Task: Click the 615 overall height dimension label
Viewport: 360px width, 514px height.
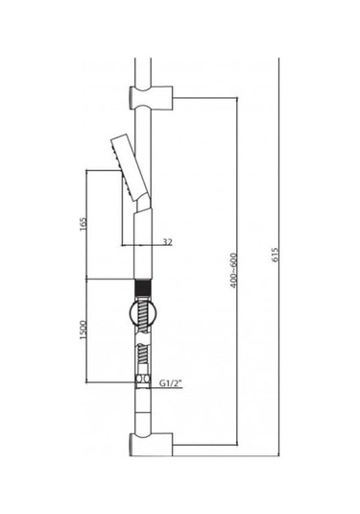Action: tap(275, 255)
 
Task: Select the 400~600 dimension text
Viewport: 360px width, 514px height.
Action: tap(233, 270)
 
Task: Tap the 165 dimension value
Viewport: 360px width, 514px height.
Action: tap(84, 224)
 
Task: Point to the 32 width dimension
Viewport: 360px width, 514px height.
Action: tap(167, 242)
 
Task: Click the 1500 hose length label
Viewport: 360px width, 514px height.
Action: tap(84, 330)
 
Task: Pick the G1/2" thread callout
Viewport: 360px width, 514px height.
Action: tap(170, 383)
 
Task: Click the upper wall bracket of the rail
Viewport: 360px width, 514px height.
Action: tap(151, 98)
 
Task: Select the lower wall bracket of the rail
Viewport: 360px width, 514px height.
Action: tap(151, 444)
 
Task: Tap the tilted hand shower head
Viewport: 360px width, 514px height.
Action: tap(130, 167)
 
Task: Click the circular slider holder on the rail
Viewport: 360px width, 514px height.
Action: tap(143, 314)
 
